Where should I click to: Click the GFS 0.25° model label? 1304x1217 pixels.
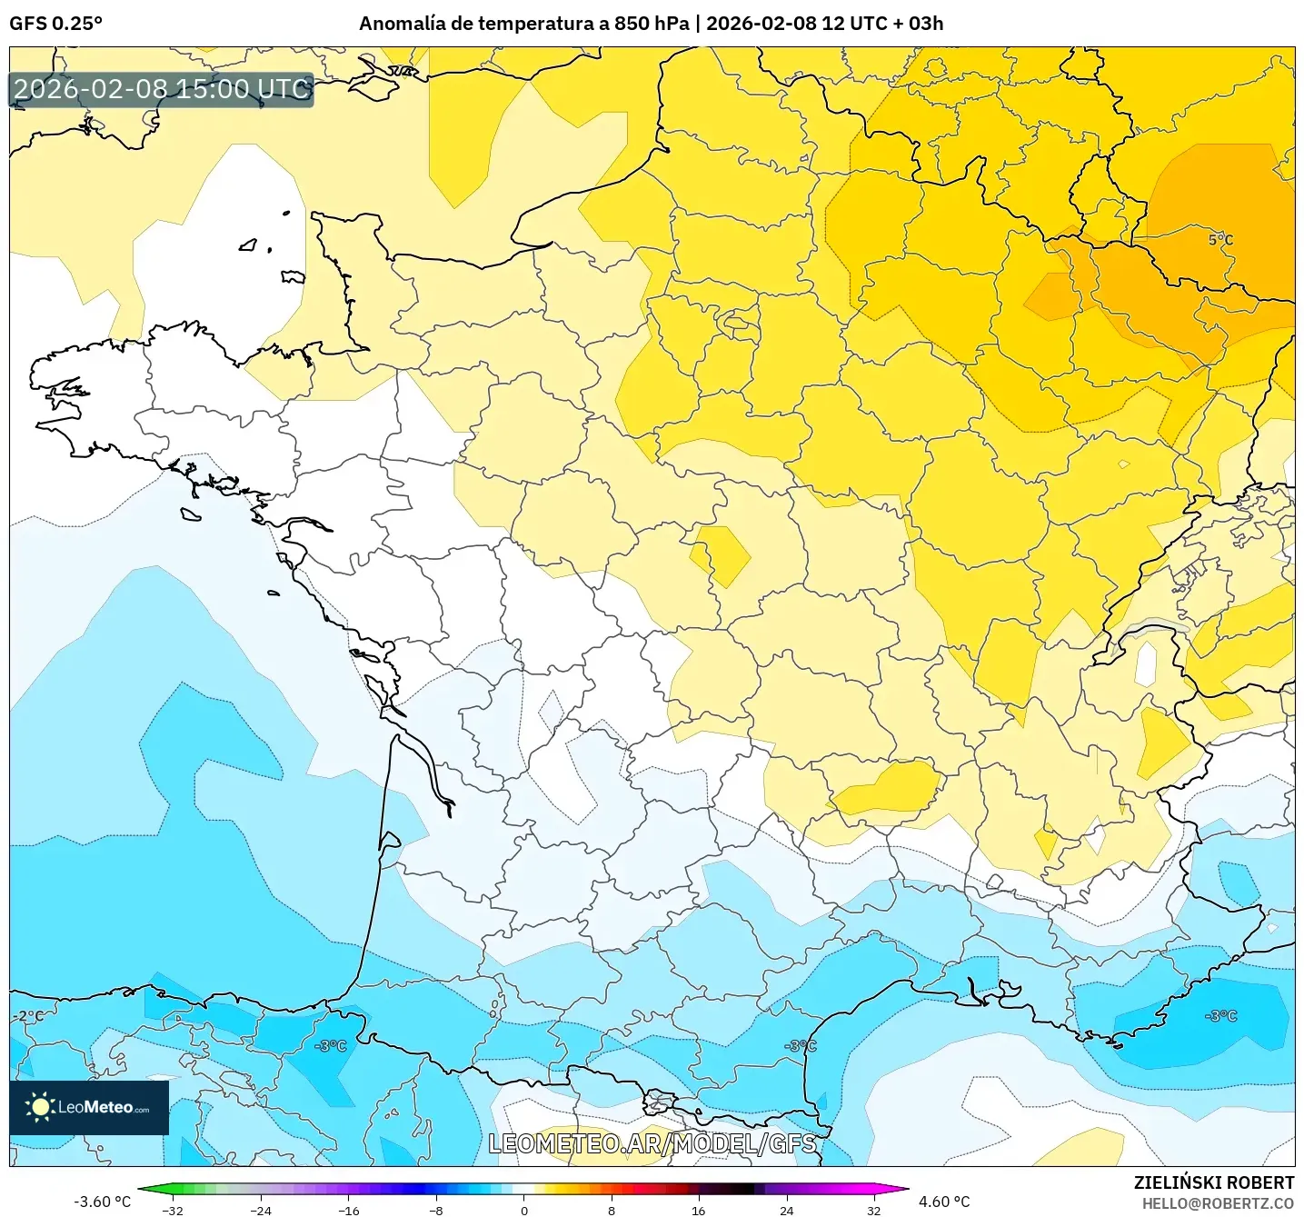pos(55,24)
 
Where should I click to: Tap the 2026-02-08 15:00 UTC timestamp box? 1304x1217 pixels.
pos(162,89)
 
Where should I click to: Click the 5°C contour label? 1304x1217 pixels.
pos(1220,240)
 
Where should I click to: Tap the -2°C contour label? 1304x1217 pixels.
pos(27,1016)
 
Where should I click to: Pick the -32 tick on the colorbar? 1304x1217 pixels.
pos(173,1210)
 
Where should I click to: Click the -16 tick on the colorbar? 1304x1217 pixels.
pos(348,1210)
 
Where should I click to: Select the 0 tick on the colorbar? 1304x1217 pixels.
pos(523,1210)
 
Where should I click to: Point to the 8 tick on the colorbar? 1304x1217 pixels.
pos(612,1210)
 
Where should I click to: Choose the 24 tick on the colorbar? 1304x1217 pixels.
pos(787,1210)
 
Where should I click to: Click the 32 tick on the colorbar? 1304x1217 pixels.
pos(873,1210)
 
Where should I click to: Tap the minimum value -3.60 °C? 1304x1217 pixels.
pos(102,1202)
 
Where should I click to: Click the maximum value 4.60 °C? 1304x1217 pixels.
pos(944,1202)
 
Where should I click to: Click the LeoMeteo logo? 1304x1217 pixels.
pos(89,1107)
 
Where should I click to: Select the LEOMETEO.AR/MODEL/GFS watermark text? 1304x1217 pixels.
pos(652,1143)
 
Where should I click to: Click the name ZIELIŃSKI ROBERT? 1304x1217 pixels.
pos(1214,1182)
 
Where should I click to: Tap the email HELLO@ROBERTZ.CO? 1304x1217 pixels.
pos(1218,1203)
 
